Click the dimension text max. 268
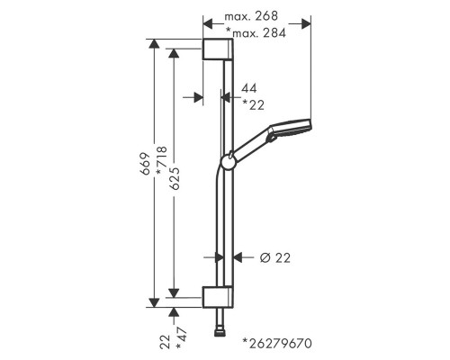click(x=251, y=16)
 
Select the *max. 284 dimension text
click(x=256, y=32)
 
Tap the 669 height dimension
click(x=145, y=164)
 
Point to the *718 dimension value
click(x=162, y=160)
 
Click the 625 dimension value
click(x=175, y=178)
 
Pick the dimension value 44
click(x=249, y=88)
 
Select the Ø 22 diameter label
click(x=275, y=258)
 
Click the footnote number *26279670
click(x=277, y=343)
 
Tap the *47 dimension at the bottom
click(x=182, y=338)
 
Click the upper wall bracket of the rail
click(x=218, y=49)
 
